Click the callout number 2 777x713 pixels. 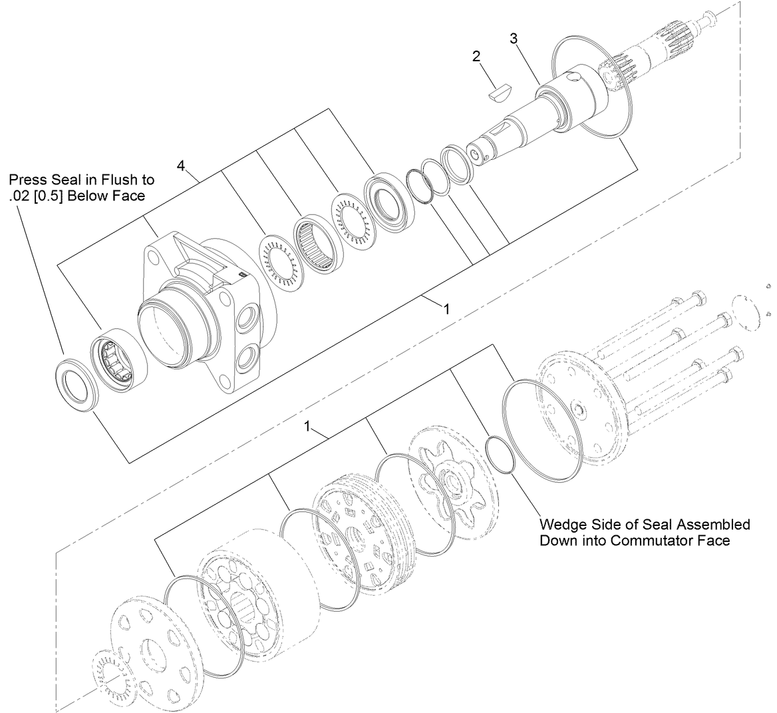[476, 57]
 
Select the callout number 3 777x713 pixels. [514, 39]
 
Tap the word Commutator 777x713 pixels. [659, 540]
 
